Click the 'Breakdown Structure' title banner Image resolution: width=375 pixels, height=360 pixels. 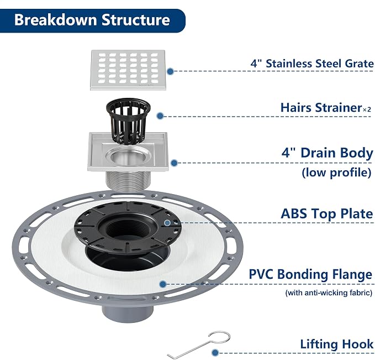92,20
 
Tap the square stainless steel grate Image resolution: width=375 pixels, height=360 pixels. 128,70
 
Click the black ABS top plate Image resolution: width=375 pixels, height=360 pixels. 128,227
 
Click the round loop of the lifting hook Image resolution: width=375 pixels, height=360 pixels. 219,337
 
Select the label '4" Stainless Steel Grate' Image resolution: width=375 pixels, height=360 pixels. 312,64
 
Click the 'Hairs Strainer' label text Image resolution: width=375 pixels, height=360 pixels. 321,107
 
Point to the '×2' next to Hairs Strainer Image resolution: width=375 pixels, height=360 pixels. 367,109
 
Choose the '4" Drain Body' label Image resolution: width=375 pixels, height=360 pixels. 327,153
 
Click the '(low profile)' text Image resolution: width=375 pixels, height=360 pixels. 337,173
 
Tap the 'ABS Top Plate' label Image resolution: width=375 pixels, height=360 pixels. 327,213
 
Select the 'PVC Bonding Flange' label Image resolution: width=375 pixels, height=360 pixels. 310,274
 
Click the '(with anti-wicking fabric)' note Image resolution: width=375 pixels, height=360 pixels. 329,293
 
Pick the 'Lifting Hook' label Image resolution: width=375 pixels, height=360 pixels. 337,344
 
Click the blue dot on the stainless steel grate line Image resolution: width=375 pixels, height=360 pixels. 170,71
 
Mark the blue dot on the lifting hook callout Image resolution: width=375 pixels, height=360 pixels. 215,352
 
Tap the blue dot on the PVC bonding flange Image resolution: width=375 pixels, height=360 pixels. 163,284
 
